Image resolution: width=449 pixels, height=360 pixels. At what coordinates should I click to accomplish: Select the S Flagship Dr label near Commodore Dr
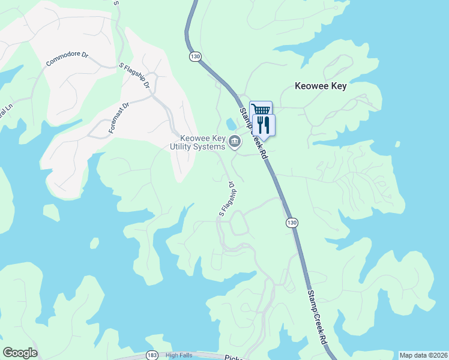pos(135,76)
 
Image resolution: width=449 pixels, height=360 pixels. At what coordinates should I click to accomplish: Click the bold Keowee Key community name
pos(321,86)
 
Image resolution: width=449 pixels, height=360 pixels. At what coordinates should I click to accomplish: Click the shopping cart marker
pos(261,110)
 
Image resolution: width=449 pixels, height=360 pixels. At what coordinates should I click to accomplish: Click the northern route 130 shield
pos(194,56)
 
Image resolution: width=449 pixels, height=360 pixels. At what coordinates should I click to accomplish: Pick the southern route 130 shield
pos(291,223)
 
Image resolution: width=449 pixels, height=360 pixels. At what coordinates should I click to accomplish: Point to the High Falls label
pos(179,355)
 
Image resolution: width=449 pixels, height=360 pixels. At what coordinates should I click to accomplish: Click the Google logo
pos(20,353)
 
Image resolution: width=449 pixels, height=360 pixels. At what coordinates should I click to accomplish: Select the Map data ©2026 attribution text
pos(423,355)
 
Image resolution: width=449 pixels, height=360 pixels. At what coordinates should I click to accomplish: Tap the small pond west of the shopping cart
pos(231,124)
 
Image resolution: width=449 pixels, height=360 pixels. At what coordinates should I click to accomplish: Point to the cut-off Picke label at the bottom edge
pos(233,357)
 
